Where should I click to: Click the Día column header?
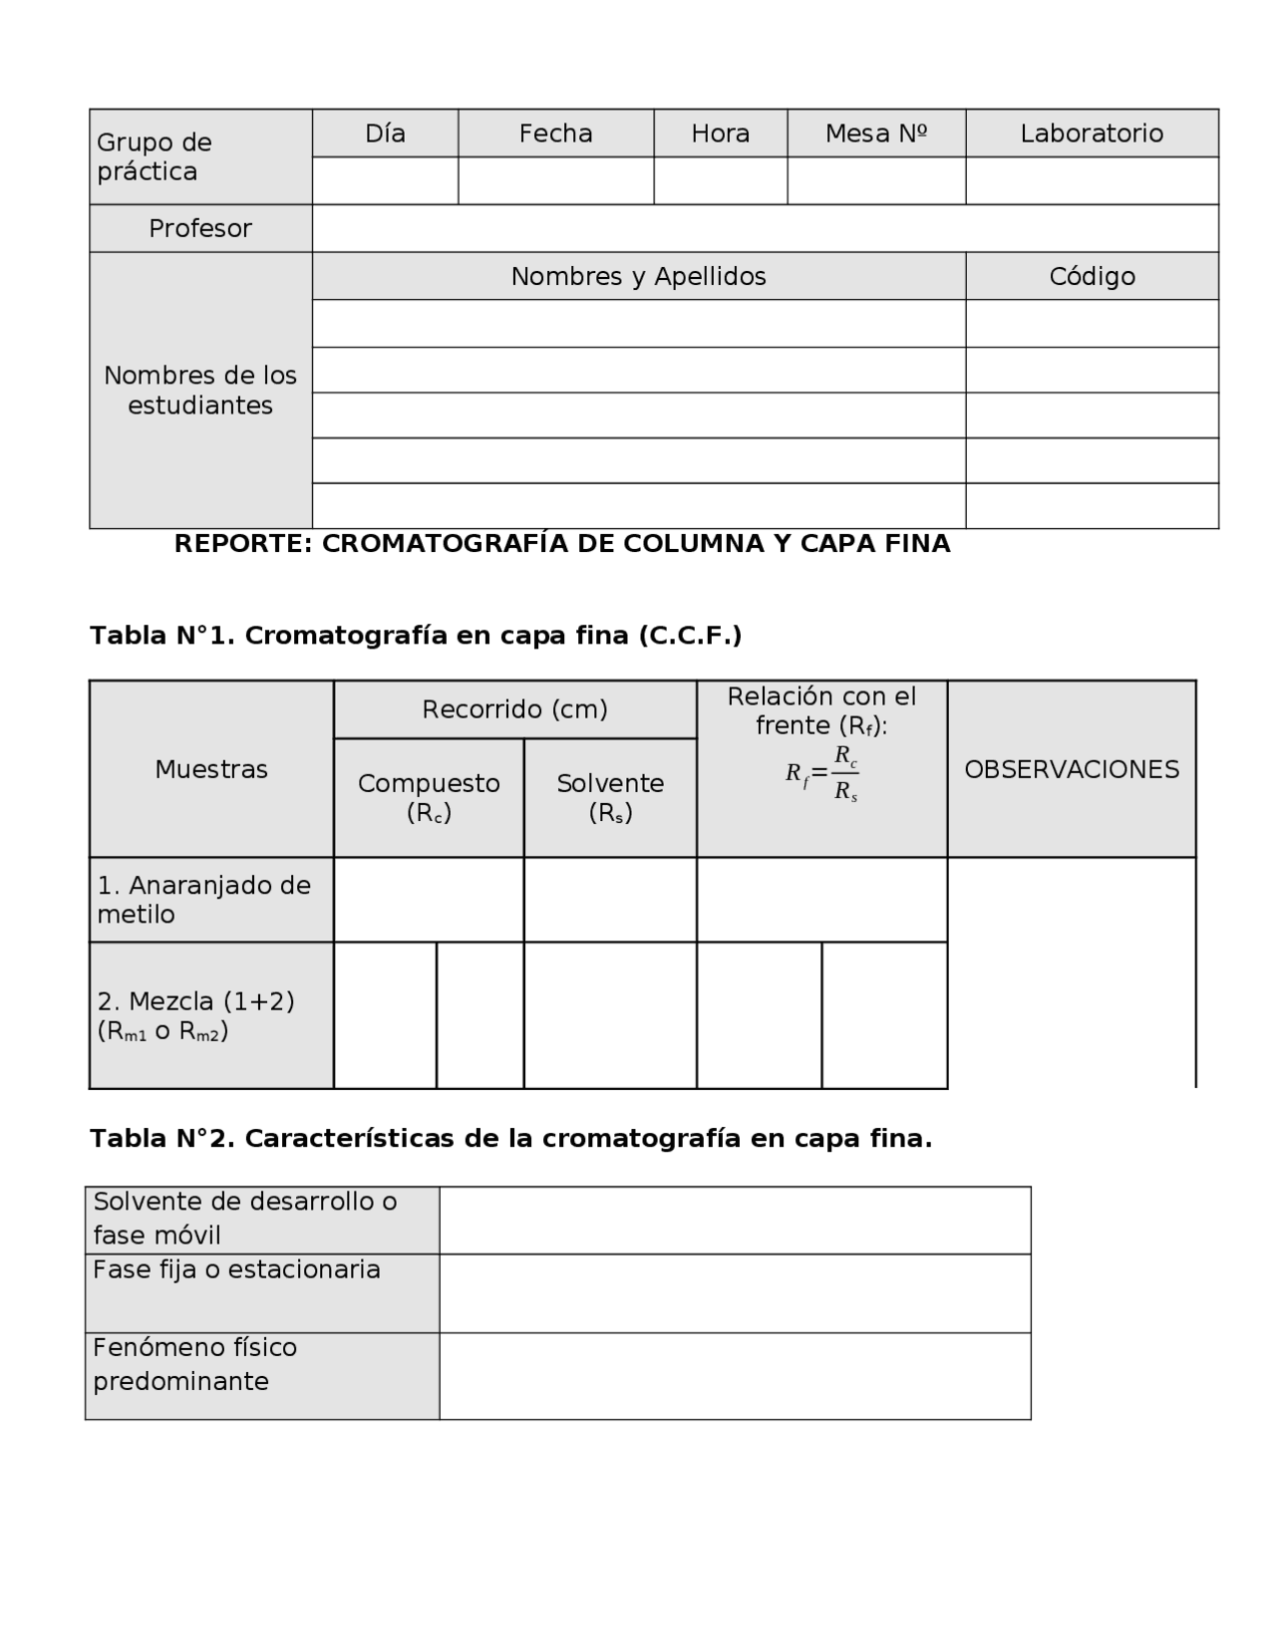[x=385, y=134]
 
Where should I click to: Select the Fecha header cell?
[x=555, y=134]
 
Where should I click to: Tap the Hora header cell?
[x=720, y=134]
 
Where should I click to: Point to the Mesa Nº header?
[x=876, y=134]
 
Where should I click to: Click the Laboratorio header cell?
[x=1092, y=134]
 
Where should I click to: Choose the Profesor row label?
[x=200, y=228]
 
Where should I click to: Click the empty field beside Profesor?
[x=765, y=228]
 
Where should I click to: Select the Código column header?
[x=1092, y=276]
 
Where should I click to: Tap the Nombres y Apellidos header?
[x=638, y=276]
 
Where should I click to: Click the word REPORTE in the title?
[x=243, y=544]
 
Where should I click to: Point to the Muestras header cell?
[x=211, y=769]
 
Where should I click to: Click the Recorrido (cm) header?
[x=514, y=709]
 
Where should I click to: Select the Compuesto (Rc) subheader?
[x=429, y=797]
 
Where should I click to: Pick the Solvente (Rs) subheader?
[x=610, y=797]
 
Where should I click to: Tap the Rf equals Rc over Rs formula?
[x=822, y=773]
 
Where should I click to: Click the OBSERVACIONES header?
[x=1072, y=769]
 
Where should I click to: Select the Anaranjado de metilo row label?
[x=204, y=900]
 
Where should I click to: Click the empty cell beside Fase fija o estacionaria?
[x=735, y=1293]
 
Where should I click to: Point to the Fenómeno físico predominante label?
[x=195, y=1364]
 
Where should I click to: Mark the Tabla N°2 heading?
[x=510, y=1139]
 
